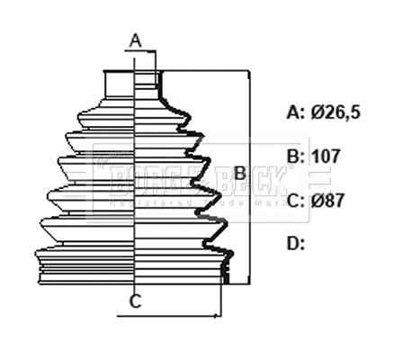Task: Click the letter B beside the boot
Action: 240,172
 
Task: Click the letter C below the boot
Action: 134,301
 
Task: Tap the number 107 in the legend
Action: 326,156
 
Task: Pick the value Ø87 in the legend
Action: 331,199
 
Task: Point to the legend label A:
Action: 295,112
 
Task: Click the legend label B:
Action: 295,156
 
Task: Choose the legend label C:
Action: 295,199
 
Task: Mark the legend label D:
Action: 295,242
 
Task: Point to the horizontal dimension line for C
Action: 171,316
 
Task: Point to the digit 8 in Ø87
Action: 331,199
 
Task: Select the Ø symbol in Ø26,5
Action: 318,112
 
